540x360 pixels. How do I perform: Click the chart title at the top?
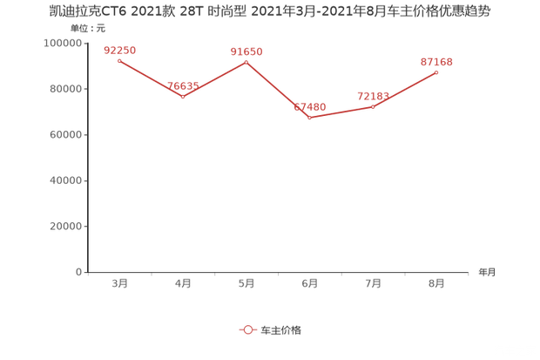pos(269,12)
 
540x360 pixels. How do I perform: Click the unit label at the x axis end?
pos(486,272)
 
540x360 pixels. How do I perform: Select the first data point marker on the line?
pos(118,60)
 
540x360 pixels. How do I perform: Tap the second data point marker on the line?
pos(182,96)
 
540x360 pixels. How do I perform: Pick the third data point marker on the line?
pos(246,63)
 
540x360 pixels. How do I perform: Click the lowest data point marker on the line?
pos(310,117)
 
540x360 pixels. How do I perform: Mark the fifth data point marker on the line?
pos(374,105)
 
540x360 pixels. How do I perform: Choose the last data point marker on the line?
pos(437,71)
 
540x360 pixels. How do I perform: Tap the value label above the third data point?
pos(246,51)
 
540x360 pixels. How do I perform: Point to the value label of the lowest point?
pos(310,106)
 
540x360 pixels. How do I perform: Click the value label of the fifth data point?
pos(372,94)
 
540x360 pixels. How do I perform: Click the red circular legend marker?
pos(248,330)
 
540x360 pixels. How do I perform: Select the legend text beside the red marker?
pos(281,330)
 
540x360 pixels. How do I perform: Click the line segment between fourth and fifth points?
pos(341,112)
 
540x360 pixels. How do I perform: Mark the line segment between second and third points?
pos(214,79)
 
